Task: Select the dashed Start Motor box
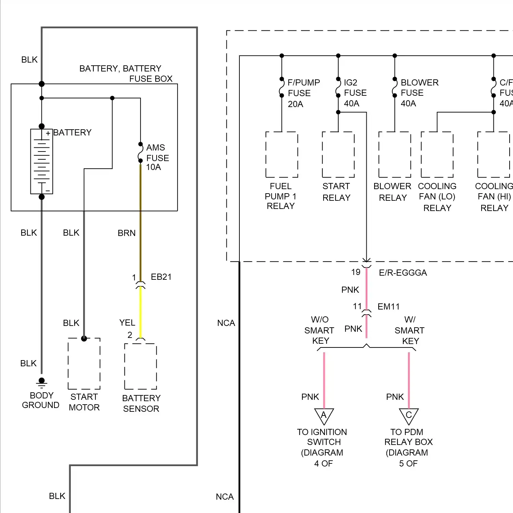(84, 364)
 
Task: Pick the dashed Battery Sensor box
(141, 366)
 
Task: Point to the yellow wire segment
(141, 311)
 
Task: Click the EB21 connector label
(161, 277)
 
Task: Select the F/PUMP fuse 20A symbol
(282, 87)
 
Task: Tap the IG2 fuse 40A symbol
(338, 87)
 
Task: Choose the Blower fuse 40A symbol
(395, 87)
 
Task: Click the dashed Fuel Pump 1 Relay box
(282, 155)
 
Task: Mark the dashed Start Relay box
(338, 155)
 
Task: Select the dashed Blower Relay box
(395, 155)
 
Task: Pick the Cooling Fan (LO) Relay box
(437, 155)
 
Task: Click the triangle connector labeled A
(324, 416)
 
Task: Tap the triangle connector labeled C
(409, 416)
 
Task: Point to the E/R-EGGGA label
(403, 273)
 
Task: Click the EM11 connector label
(389, 306)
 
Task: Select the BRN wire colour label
(127, 233)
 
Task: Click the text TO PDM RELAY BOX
(408, 437)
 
